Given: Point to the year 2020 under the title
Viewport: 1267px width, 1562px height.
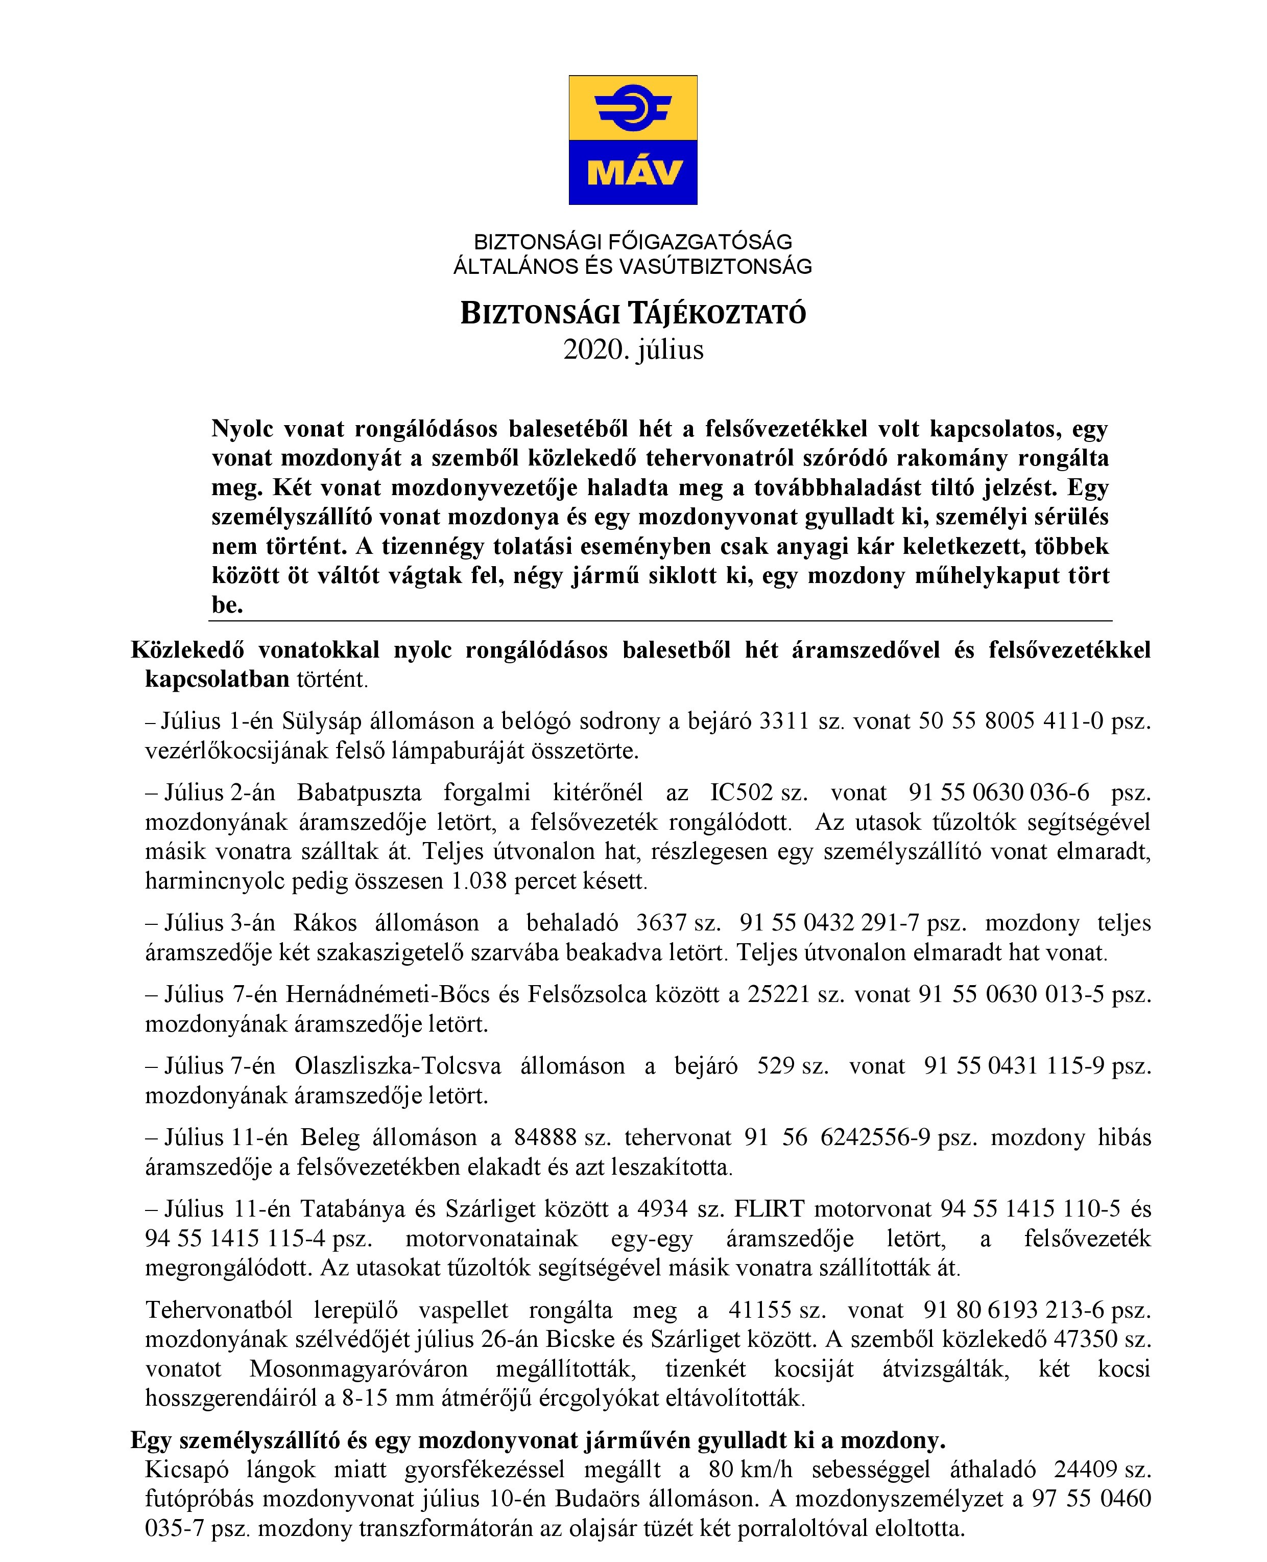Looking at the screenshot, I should click(595, 350).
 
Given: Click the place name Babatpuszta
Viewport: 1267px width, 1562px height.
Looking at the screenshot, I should click(359, 793).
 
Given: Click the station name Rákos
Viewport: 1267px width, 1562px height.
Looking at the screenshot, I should click(325, 923).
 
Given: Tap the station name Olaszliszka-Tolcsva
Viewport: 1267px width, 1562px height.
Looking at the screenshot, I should click(398, 1066).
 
